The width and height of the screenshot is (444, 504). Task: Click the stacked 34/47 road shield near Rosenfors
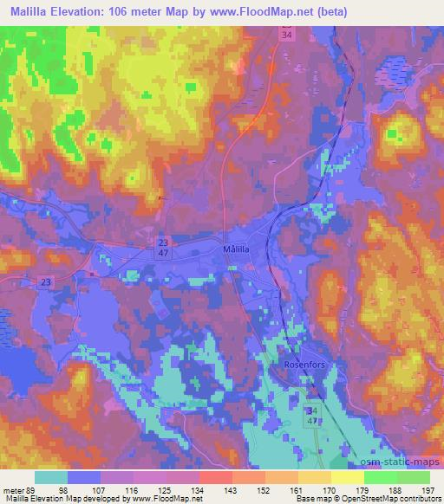tap(311, 413)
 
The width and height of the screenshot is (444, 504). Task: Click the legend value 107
tap(101, 489)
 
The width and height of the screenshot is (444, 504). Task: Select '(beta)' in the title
tap(346, 12)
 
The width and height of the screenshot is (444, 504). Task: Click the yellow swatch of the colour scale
tap(347, 477)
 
